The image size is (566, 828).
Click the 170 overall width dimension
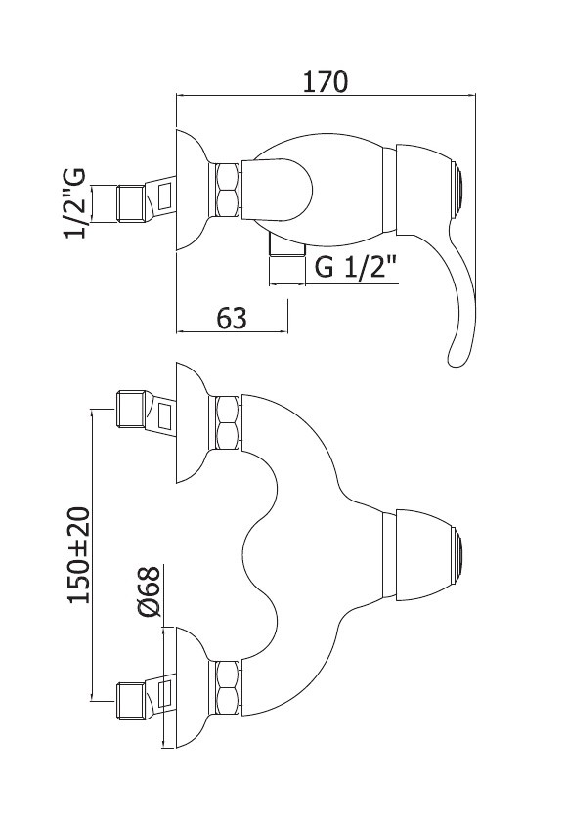(x=326, y=82)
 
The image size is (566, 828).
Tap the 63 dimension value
(x=232, y=318)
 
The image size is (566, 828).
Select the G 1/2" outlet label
(x=355, y=268)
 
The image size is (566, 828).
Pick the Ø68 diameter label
(x=148, y=591)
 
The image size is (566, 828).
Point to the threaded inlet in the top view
(x=130, y=202)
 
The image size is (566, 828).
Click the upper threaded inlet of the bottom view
(x=130, y=410)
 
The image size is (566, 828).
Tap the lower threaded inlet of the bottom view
(x=130, y=701)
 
